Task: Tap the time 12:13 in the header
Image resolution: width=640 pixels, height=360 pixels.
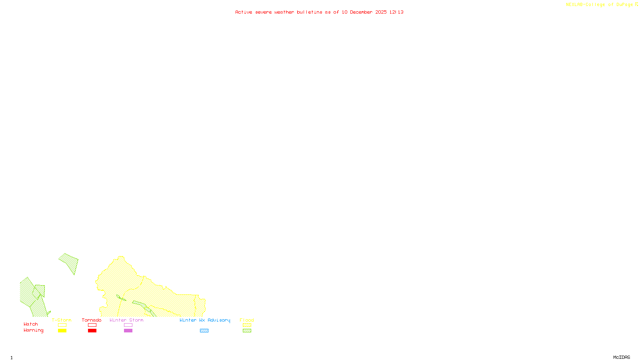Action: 396,12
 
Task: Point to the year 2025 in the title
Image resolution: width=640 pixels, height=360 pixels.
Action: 381,12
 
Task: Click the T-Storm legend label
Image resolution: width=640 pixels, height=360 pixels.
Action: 62,320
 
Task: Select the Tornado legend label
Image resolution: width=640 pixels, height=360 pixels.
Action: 92,320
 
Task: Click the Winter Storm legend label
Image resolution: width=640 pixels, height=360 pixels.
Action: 126,320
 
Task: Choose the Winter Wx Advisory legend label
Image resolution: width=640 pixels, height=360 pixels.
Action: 205,320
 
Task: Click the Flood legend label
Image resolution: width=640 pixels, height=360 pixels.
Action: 247,320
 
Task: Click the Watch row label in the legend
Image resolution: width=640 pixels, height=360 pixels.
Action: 31,324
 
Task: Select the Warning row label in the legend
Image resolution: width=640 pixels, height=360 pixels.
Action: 33,330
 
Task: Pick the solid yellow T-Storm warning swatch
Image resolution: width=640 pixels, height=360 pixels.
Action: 62,331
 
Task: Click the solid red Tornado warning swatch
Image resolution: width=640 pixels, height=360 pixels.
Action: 92,331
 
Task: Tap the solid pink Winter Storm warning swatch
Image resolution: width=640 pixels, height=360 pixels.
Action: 128,331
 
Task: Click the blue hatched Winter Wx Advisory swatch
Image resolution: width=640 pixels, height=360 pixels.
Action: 204,331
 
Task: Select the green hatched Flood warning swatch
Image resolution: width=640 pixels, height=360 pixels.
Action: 247,331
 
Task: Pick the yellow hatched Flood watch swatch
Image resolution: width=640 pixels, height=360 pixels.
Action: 247,325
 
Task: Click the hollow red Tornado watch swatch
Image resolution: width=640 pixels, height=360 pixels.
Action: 92,325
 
